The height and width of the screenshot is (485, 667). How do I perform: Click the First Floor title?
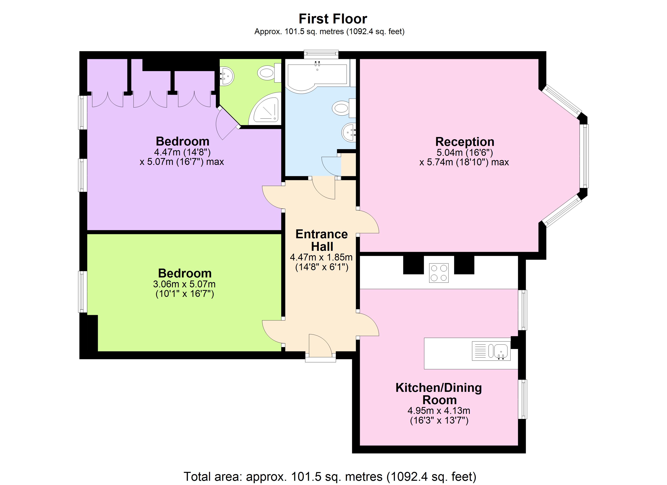point(333,19)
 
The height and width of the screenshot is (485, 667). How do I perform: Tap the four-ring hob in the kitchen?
point(438,273)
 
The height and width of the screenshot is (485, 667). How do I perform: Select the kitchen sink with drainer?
point(491,351)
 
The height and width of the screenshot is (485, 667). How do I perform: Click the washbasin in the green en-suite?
point(227,76)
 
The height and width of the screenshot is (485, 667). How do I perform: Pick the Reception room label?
point(465,142)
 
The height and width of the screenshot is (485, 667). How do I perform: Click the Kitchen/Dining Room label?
point(438,393)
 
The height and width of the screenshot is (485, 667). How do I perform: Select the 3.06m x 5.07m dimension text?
point(184,284)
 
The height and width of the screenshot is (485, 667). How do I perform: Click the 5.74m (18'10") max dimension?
point(464,162)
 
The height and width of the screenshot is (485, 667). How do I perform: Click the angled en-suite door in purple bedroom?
point(226,123)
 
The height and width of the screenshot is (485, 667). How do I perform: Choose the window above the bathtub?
point(321,54)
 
